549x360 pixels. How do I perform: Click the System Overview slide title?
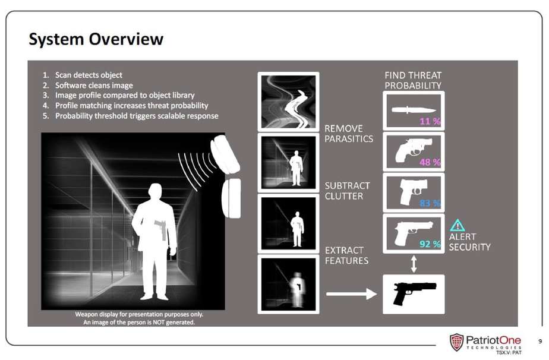pyautogui.click(x=96, y=39)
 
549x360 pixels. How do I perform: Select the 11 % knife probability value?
pyautogui.click(x=430, y=121)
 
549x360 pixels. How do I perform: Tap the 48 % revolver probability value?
pyautogui.click(x=430, y=162)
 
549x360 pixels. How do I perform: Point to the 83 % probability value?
pyautogui.click(x=430, y=203)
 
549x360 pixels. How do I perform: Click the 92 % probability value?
pyautogui.click(x=430, y=244)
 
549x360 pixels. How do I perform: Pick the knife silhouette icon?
pyautogui.click(x=414, y=110)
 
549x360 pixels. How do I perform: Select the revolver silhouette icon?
pyautogui.click(x=413, y=150)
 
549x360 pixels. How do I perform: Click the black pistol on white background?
pyautogui.click(x=414, y=293)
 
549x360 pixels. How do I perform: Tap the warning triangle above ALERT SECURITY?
pyautogui.click(x=457, y=225)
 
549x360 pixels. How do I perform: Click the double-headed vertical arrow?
pyautogui.click(x=414, y=264)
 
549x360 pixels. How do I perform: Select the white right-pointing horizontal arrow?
pyautogui.click(x=351, y=293)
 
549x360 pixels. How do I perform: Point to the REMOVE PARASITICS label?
pyautogui.click(x=349, y=134)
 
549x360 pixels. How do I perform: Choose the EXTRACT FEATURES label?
pyautogui.click(x=346, y=255)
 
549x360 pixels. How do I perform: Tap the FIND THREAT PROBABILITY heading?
pyautogui.click(x=413, y=80)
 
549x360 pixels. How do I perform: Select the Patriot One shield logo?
pyautogui.click(x=456, y=342)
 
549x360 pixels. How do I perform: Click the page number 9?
pyautogui.click(x=540, y=341)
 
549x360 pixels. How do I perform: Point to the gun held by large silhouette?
pyautogui.click(x=160, y=230)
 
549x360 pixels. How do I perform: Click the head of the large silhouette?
pyautogui.click(x=154, y=192)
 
